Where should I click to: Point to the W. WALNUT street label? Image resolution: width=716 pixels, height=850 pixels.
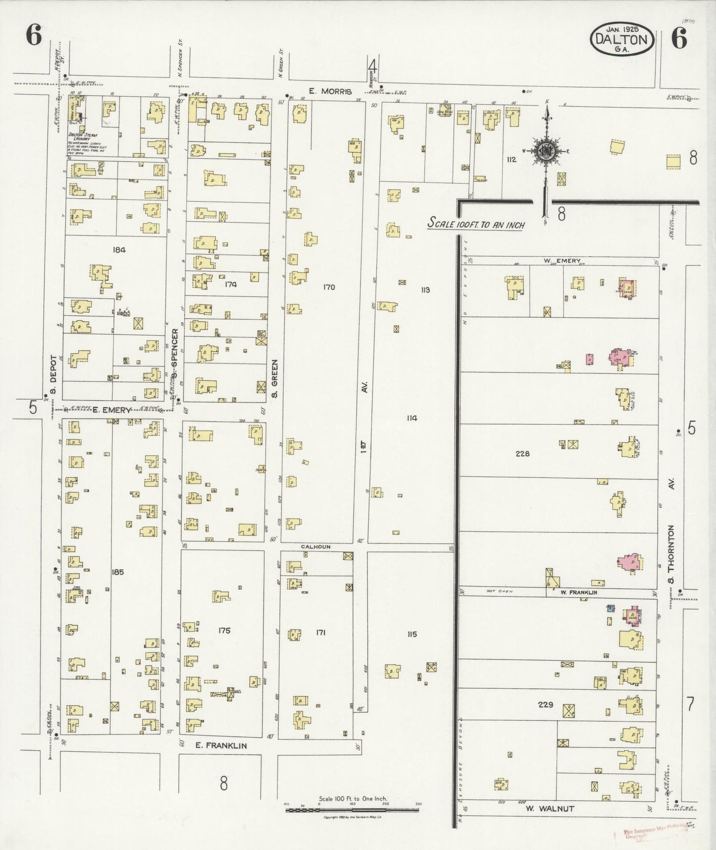point(550,809)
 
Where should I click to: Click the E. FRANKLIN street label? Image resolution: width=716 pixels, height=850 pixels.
point(220,745)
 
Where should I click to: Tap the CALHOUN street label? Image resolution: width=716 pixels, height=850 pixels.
point(316,546)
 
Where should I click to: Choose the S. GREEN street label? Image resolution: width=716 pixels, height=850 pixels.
point(275,379)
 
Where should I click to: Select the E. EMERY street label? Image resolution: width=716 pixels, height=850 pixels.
point(112,410)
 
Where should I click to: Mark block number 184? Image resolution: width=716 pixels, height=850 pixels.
point(119,250)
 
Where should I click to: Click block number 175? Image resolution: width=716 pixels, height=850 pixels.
point(224,631)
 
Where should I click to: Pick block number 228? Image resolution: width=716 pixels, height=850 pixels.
point(522,453)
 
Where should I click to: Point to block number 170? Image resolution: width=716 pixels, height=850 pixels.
point(329,287)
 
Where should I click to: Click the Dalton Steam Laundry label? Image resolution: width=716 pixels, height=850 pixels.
point(83,137)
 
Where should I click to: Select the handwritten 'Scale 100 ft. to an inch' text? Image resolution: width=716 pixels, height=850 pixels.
point(476,224)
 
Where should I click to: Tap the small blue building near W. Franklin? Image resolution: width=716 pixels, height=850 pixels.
point(611,607)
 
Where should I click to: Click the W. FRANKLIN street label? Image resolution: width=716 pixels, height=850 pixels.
point(579,592)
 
